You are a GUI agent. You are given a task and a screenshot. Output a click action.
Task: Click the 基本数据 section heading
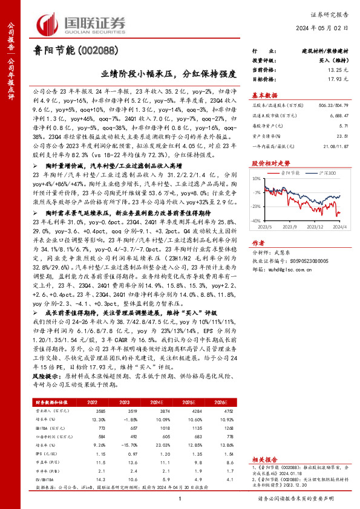coord(264,95)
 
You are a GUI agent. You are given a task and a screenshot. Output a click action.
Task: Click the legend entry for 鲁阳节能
coord(288,172)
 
